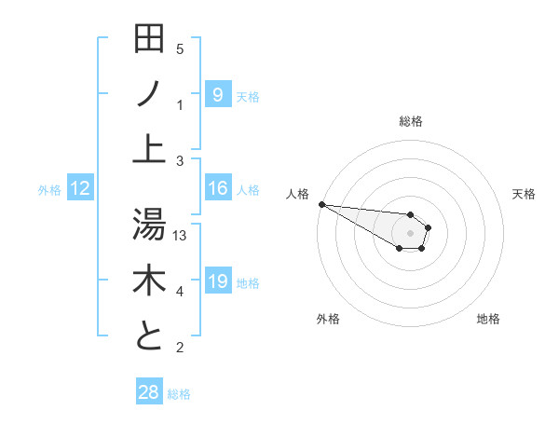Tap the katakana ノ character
(149, 93)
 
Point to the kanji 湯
(149, 224)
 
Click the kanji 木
(149, 281)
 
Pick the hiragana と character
(149, 336)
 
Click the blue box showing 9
(217, 94)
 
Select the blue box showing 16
(217, 189)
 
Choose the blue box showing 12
(80, 189)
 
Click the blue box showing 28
(149, 392)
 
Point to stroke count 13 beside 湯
(180, 236)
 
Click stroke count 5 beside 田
(180, 49)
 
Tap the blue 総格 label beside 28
(179, 394)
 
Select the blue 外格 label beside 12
(49, 190)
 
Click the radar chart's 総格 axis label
(410, 121)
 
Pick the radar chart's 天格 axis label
(525, 194)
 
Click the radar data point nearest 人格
(320, 203)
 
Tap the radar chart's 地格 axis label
(488, 319)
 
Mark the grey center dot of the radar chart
(410, 232)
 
